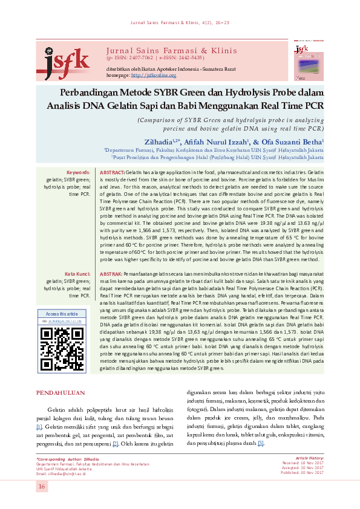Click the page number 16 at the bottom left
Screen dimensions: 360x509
click(x=42, y=487)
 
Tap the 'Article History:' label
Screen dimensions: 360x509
click(x=310, y=458)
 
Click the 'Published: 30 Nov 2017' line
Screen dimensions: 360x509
click(x=303, y=473)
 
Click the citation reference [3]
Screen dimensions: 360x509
click(x=261, y=444)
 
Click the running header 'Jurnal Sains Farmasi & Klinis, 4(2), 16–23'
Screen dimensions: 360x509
click(x=180, y=24)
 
